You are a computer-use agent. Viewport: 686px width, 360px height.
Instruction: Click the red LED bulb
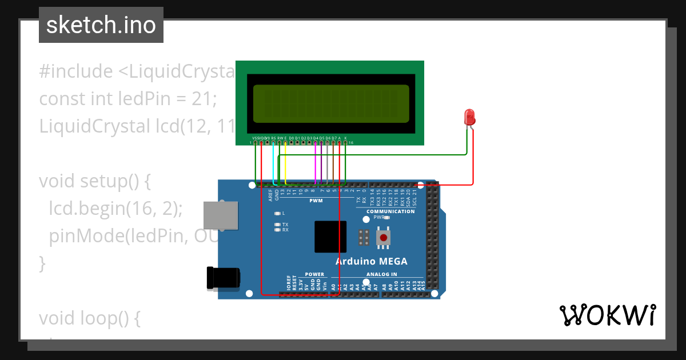470,117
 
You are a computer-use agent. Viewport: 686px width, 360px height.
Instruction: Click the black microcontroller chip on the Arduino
330,237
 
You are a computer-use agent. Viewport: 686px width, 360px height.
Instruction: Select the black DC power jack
223,278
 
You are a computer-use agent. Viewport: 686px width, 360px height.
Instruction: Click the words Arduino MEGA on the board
371,261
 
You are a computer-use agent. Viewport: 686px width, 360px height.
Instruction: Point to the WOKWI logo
607,315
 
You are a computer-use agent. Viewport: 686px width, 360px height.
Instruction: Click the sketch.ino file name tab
101,25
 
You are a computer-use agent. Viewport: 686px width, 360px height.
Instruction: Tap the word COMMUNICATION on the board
390,211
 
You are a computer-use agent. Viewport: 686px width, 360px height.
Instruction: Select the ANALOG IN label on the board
381,274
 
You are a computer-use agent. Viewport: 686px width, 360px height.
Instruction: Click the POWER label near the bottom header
314,274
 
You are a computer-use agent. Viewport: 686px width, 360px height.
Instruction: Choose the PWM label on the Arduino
316,201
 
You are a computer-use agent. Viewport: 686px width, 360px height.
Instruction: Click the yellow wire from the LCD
285,163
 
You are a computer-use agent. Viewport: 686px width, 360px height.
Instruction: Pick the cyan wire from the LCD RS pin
273,163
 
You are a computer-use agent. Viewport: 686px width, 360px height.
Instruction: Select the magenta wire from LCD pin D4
316,163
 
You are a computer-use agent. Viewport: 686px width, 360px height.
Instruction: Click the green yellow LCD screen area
331,103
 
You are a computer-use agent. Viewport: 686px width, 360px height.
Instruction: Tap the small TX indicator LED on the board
277,225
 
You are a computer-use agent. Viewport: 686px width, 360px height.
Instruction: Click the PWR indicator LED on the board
387,218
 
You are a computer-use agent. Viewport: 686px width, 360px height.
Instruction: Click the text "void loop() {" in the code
89,319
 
